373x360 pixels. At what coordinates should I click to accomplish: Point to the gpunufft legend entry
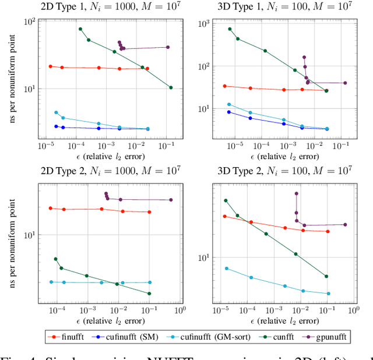click(x=328, y=336)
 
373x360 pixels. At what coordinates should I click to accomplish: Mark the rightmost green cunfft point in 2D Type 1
click(x=171, y=87)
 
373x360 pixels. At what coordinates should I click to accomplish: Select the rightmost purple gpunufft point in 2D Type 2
click(x=171, y=200)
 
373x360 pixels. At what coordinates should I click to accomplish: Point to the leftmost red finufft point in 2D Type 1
click(x=50, y=66)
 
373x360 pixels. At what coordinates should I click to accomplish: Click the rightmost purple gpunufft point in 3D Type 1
click(x=345, y=83)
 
